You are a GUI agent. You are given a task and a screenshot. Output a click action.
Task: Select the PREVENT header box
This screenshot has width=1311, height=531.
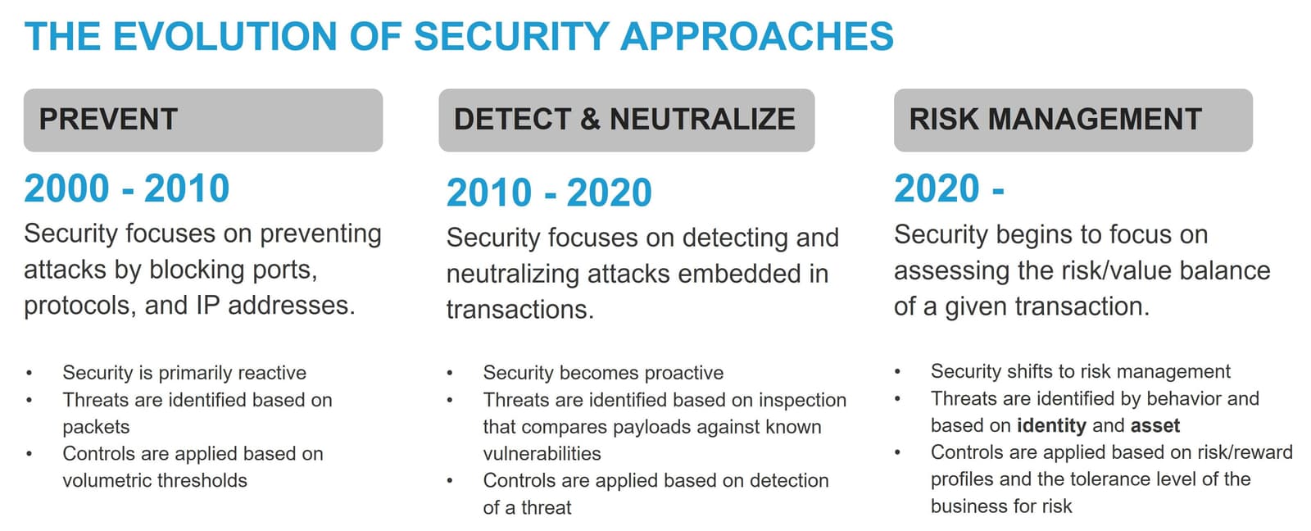[202, 120]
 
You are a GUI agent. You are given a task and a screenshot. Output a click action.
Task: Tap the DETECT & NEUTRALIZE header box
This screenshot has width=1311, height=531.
[626, 120]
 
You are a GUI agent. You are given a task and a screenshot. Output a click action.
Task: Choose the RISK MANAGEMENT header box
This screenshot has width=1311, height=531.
[1073, 120]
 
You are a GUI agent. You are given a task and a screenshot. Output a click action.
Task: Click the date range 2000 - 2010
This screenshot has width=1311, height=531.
[127, 188]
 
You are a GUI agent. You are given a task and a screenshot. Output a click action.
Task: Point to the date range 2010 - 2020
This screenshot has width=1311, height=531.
[549, 193]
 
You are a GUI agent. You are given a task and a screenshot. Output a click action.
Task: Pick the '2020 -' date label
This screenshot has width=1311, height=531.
[949, 188]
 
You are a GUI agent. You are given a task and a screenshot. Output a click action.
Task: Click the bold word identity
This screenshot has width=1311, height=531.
[1051, 425]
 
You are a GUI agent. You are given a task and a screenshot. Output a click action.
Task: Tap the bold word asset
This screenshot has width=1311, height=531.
[1154, 425]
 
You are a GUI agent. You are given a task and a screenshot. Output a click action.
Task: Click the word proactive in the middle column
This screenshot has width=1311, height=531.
[684, 373]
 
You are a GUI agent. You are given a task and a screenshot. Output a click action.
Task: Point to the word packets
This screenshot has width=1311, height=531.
[96, 427]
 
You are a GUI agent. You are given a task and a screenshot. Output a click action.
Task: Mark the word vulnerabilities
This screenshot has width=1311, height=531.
[542, 453]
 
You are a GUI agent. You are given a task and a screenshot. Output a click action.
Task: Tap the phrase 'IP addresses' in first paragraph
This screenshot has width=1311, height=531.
[274, 306]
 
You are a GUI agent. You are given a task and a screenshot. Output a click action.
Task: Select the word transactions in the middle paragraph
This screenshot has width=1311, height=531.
[519, 310]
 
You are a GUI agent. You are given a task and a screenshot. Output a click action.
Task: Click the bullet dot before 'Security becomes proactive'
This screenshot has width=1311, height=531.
[450, 374]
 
